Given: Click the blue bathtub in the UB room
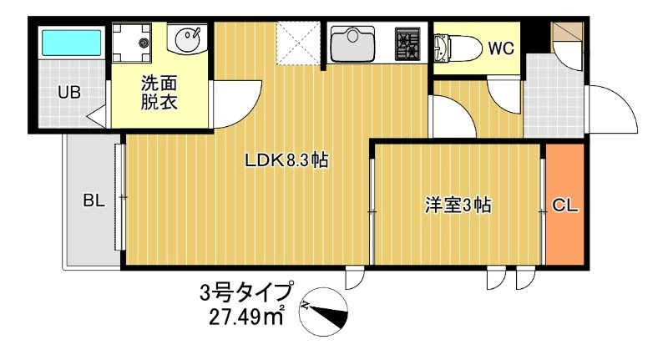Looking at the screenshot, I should pyautogui.click(x=72, y=42).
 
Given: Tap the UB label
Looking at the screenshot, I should pyautogui.click(x=68, y=93).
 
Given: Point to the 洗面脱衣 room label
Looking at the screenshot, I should pyautogui.click(x=159, y=94).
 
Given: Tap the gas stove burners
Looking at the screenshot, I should pyautogui.click(x=408, y=44).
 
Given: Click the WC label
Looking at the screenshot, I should pyautogui.click(x=501, y=48).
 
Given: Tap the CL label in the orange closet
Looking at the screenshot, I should pyautogui.click(x=565, y=205).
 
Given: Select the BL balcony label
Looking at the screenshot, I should pyautogui.click(x=93, y=200).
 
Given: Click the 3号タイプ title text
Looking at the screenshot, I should pyautogui.click(x=246, y=293).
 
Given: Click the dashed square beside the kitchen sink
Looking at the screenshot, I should pyautogui.click(x=300, y=43).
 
